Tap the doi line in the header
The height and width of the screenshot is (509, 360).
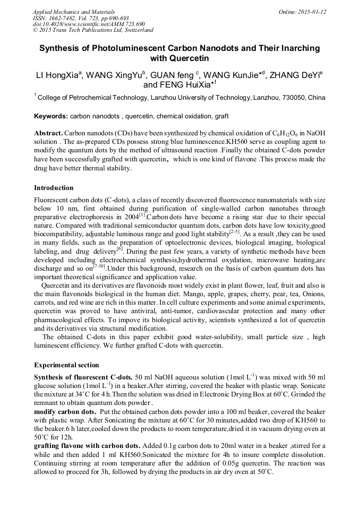coord(89,24)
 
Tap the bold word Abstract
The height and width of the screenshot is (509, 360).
coord(48,133)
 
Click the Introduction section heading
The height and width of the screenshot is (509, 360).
coord(54,188)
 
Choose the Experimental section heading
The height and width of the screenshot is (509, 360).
coord(66,365)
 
